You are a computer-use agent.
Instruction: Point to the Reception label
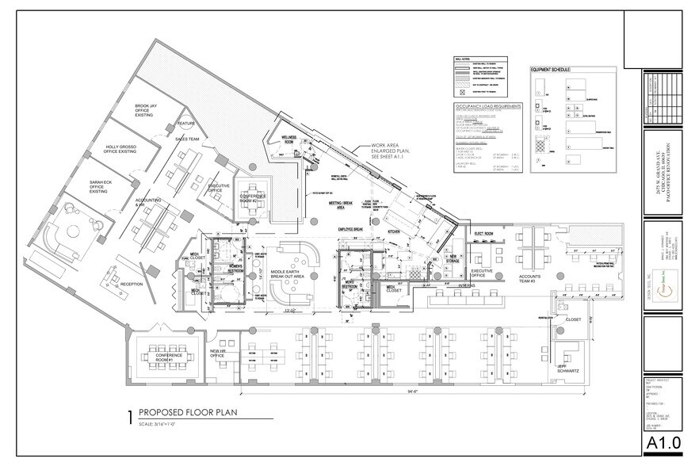(132, 283)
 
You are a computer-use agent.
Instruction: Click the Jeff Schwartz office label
(567, 367)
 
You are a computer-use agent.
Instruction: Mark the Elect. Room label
(484, 234)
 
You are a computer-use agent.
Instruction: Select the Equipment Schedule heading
(558, 71)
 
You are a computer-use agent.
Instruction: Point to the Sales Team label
(187, 139)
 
